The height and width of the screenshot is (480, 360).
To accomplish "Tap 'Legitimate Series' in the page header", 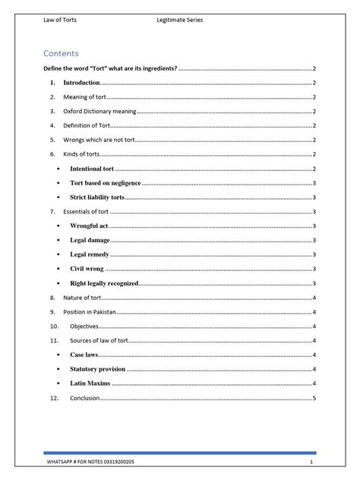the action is [x=179, y=20].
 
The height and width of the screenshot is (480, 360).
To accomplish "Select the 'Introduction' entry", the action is [x=81, y=82].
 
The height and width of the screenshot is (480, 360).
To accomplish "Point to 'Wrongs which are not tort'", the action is [x=99, y=140].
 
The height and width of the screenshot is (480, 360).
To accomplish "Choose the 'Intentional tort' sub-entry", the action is [x=91, y=169].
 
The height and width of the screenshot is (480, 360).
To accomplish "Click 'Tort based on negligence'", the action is [x=104, y=183].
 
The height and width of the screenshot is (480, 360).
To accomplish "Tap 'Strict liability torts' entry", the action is [x=96, y=197].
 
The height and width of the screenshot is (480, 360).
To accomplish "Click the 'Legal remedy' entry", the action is [x=90, y=254].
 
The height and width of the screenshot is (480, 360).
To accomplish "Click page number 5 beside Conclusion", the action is [x=314, y=398].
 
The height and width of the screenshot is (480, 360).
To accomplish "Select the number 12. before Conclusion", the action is [x=52, y=398].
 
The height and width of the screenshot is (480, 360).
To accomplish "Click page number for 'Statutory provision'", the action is [x=314, y=369].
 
